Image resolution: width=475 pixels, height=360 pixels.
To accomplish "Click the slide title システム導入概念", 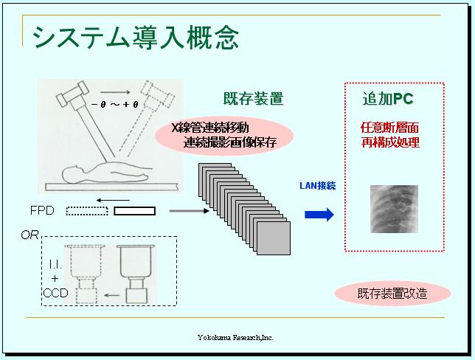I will [136, 36].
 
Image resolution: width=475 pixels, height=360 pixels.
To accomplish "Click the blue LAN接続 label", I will [317, 186].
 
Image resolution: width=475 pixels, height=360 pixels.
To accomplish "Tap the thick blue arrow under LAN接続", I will [319, 215].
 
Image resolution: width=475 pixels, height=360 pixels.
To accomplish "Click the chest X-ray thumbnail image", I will [393, 210].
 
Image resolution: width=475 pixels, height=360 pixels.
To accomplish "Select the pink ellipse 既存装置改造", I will [392, 293].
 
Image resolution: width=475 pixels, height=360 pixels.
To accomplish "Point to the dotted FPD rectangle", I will [86, 211].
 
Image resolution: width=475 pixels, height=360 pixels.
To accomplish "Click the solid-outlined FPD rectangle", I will [134, 211].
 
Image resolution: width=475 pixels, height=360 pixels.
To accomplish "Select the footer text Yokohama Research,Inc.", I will [235, 337].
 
